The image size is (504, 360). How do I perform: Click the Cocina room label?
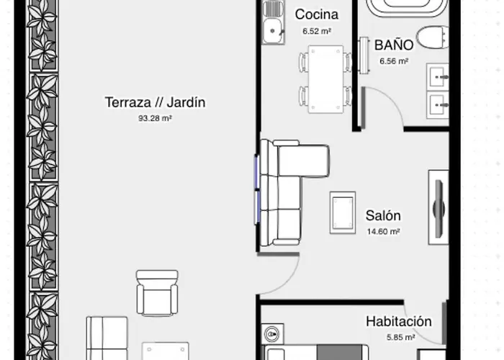(x=316, y=14)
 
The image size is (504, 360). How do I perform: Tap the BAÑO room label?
(x=394, y=45)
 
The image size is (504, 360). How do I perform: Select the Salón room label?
(x=383, y=215)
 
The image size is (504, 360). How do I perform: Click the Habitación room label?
(x=398, y=322)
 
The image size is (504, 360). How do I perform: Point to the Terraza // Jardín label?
(x=155, y=102)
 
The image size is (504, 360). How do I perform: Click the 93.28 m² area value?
(x=155, y=119)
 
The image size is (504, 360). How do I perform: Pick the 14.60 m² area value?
(x=383, y=231)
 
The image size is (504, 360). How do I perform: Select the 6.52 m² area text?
(x=316, y=31)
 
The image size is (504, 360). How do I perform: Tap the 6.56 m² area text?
(x=394, y=61)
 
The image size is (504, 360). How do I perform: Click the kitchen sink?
(x=271, y=30)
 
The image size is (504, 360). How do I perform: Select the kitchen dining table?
(x=325, y=79)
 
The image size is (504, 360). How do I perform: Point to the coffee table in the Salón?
(x=341, y=212)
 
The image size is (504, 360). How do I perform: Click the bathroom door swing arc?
(x=389, y=108)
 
